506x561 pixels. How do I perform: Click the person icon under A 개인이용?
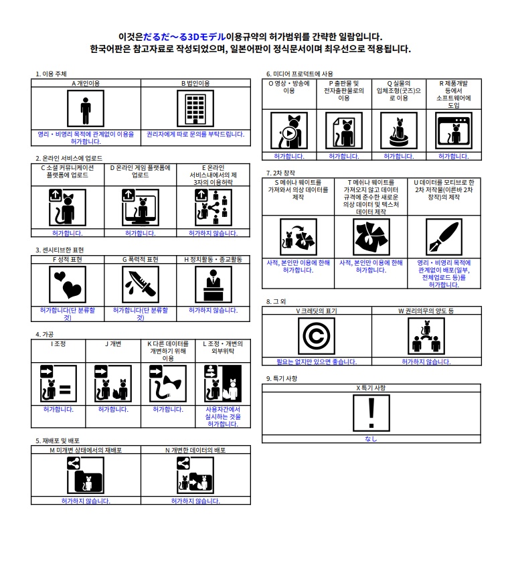[x=86, y=108]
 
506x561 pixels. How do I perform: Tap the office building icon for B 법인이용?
[x=195, y=108]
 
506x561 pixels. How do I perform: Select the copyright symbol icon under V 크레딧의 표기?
[x=317, y=336]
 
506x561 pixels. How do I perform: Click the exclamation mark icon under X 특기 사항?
[x=371, y=413]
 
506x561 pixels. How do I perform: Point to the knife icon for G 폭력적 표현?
[x=141, y=285]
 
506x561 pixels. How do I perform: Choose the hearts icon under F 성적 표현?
[x=67, y=285]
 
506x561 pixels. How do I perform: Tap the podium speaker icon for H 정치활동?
[x=213, y=285]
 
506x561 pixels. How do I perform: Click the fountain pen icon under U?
[x=444, y=237]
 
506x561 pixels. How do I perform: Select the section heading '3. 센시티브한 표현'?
[x=60, y=250]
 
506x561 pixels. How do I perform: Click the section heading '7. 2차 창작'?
[x=280, y=173]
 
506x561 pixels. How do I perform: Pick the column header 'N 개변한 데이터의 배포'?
[x=195, y=450]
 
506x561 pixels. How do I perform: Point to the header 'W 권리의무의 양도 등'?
[x=426, y=311]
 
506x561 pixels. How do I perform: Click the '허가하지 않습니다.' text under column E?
[x=213, y=233]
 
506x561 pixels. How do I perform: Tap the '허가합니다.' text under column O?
[x=289, y=157]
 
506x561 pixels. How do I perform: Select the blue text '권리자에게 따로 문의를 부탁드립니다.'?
[x=195, y=134]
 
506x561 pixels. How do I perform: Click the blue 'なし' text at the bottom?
[x=371, y=438]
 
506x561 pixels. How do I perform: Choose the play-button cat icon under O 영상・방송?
[x=289, y=131]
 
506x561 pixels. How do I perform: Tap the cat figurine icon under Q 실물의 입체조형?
[x=398, y=131]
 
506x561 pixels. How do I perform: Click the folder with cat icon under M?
[x=86, y=475]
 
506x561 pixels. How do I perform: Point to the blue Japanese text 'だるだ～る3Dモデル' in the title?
[x=184, y=37]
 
